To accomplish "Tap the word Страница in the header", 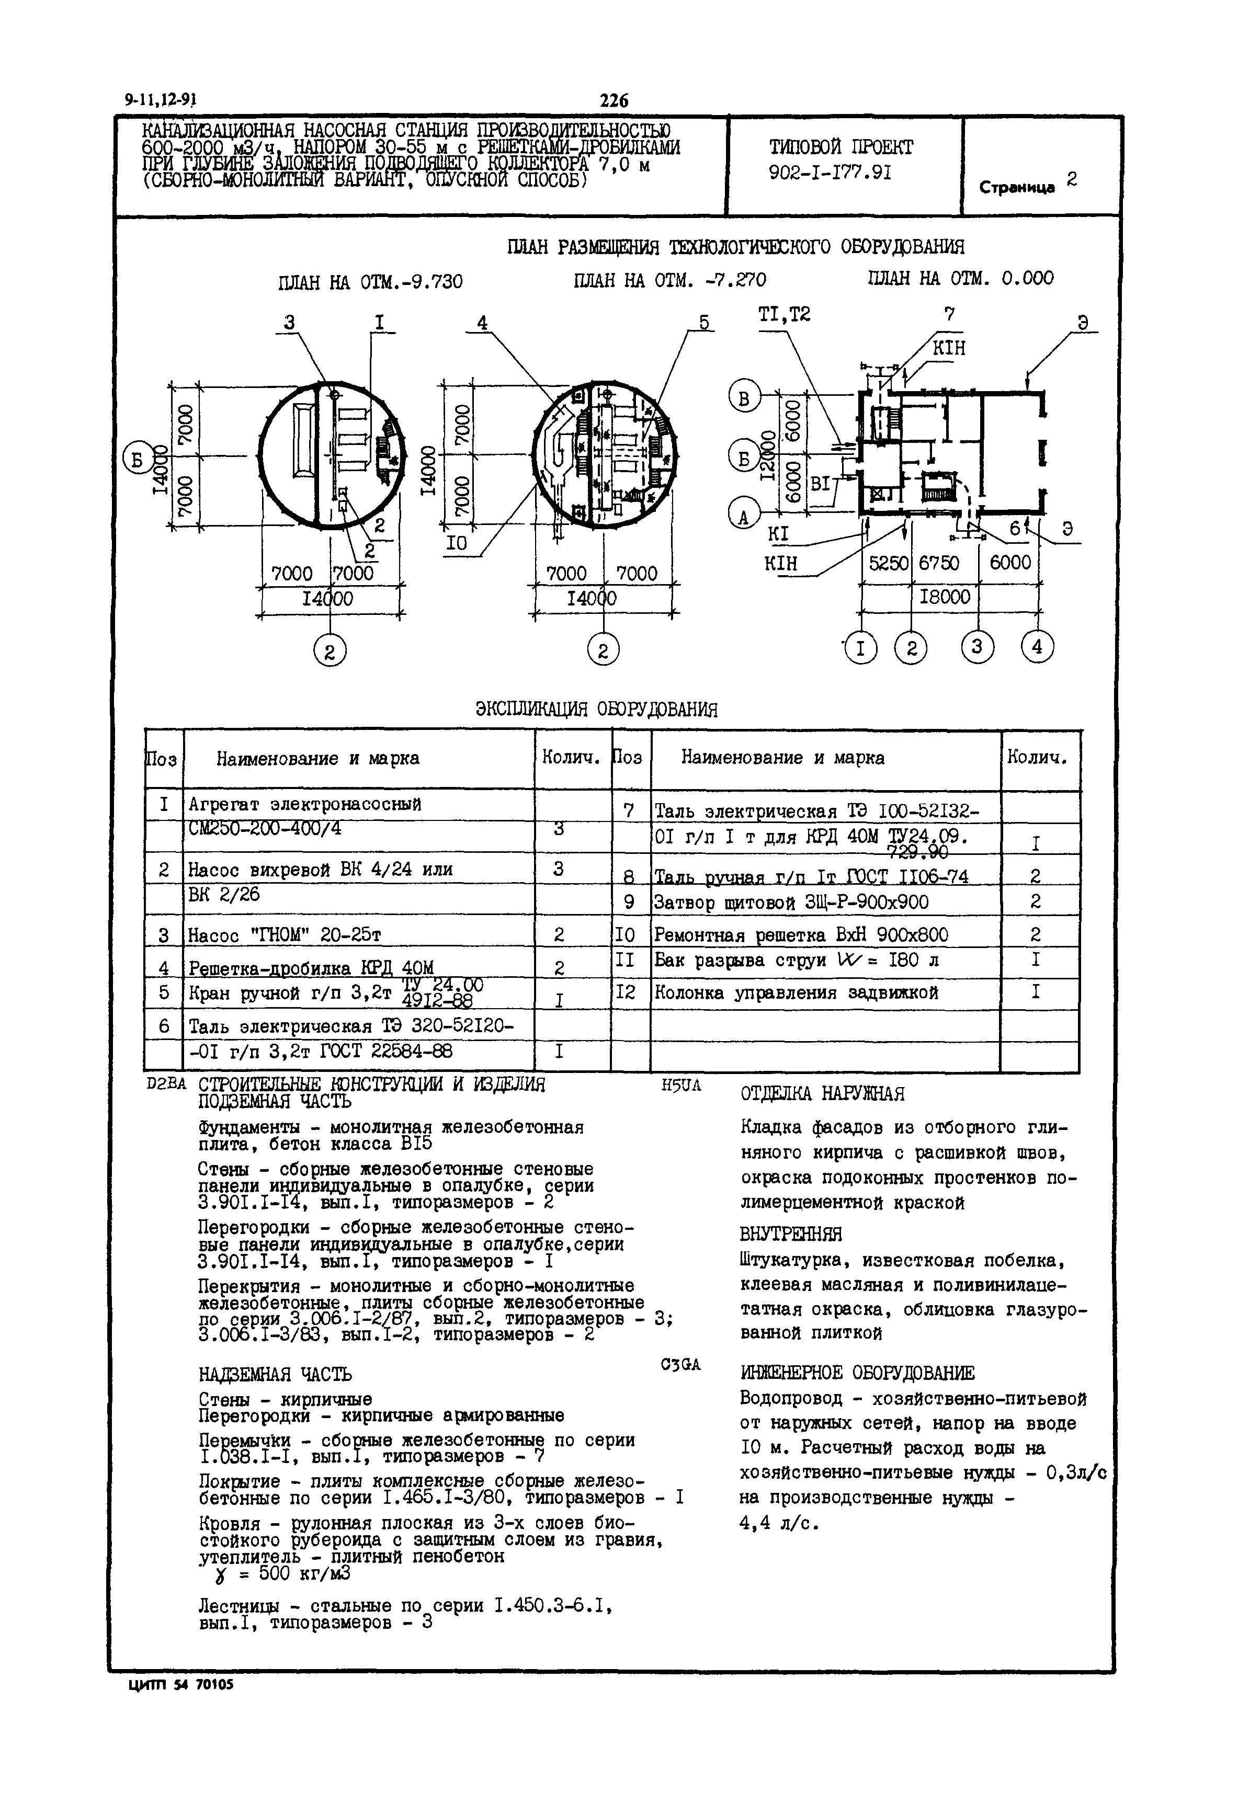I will (1016, 187).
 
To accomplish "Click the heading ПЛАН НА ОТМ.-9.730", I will (370, 281).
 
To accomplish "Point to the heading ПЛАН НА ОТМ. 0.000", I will (960, 278).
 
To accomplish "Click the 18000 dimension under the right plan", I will (945, 597).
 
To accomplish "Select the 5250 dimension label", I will (888, 563).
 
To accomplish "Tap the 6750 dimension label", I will (939, 563).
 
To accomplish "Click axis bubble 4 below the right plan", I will (1038, 647).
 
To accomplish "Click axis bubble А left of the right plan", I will (743, 514).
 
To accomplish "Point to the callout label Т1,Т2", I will (783, 315).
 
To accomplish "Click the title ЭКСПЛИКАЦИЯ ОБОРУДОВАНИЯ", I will (596, 709).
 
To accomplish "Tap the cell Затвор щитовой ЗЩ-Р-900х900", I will (791, 903).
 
